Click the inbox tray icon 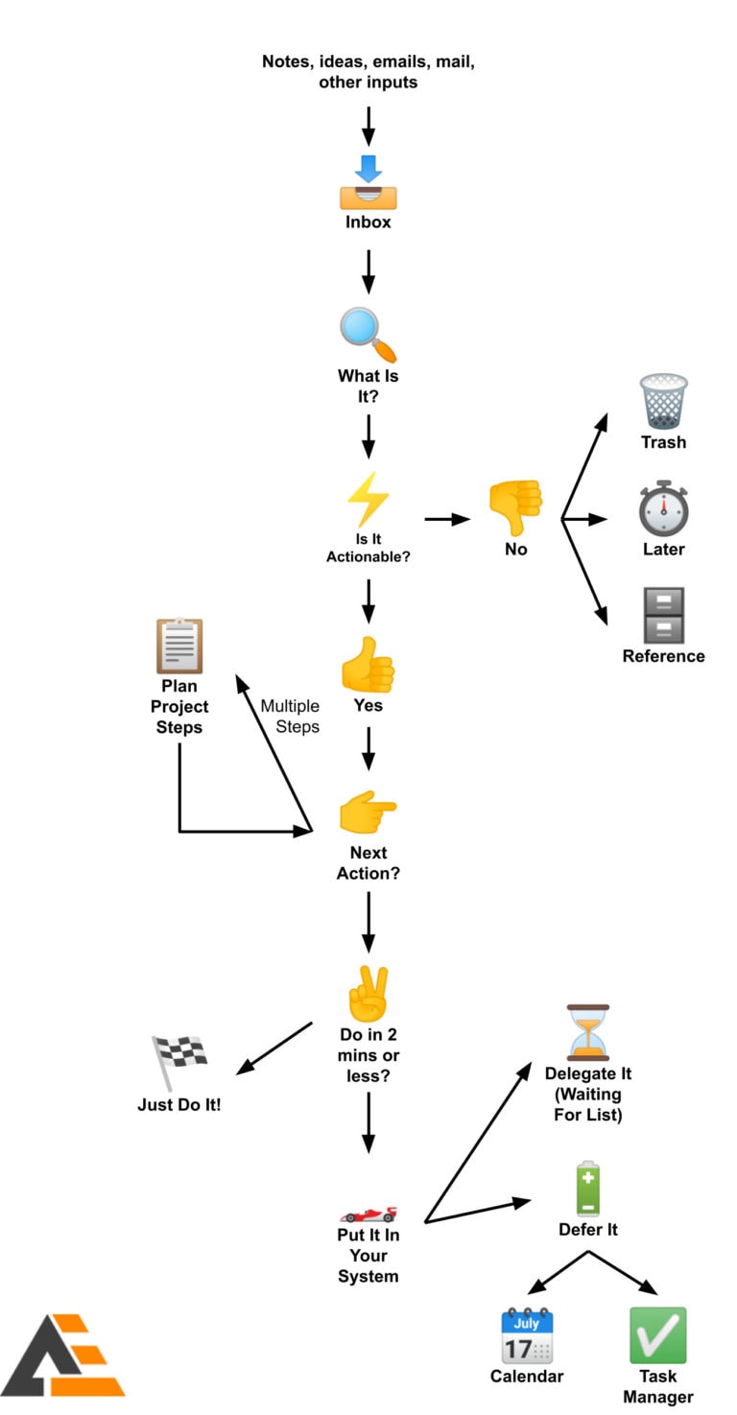click(368, 183)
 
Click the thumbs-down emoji click(516, 507)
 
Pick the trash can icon click(663, 401)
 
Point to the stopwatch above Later click(663, 508)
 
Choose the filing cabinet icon click(663, 615)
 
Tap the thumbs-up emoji click(368, 664)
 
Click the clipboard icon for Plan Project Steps click(179, 646)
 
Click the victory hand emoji click(368, 993)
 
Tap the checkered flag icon click(179, 1061)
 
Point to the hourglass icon click(587, 1032)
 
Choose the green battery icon click(587, 1189)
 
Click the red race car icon click(368, 1215)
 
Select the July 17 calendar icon click(527, 1335)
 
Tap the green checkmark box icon click(657, 1335)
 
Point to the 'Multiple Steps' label click(290, 716)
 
